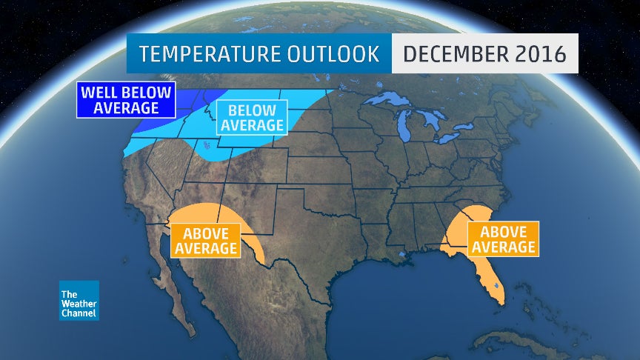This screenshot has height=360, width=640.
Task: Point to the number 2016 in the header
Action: tap(539, 53)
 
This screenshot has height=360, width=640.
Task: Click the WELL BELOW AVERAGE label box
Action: tap(126, 101)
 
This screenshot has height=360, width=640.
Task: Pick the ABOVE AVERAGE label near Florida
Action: tap(503, 239)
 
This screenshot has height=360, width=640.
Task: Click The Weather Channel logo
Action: tap(79, 301)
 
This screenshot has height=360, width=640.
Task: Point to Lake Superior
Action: tap(385, 100)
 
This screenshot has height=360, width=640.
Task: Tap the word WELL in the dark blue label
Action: tap(99, 93)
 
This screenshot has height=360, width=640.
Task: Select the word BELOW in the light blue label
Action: tap(252, 110)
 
